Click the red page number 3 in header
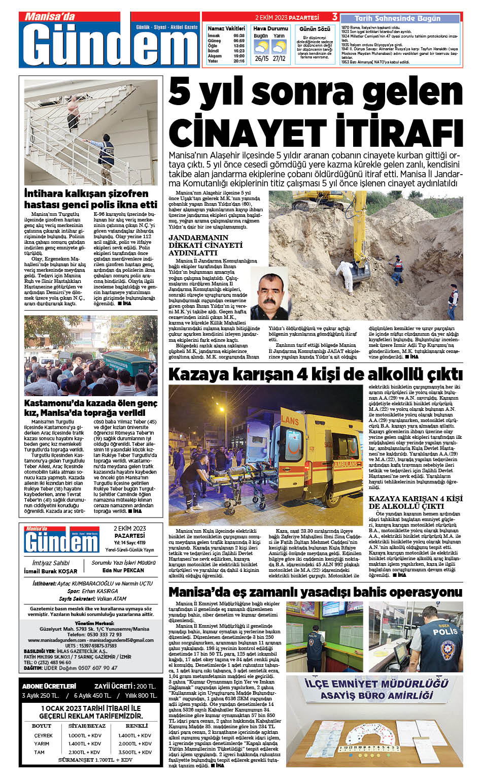click(x=335, y=17)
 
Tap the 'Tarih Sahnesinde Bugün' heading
click(x=397, y=18)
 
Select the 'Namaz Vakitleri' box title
click(x=226, y=28)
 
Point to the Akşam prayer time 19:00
click(x=239, y=56)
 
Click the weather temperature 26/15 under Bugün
click(x=262, y=58)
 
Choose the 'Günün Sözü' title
click(x=315, y=29)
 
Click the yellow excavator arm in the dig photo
click(x=342, y=223)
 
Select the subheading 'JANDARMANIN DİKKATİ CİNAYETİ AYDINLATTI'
click(x=205, y=245)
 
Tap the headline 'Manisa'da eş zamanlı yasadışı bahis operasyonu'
click(x=315, y=592)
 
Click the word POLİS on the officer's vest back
click(x=445, y=632)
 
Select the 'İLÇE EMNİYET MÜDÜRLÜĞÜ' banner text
click(x=376, y=684)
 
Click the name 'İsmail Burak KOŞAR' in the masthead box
click(x=51, y=571)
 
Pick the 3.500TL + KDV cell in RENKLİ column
click(x=135, y=752)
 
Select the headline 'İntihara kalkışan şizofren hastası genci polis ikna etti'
click(x=91, y=199)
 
